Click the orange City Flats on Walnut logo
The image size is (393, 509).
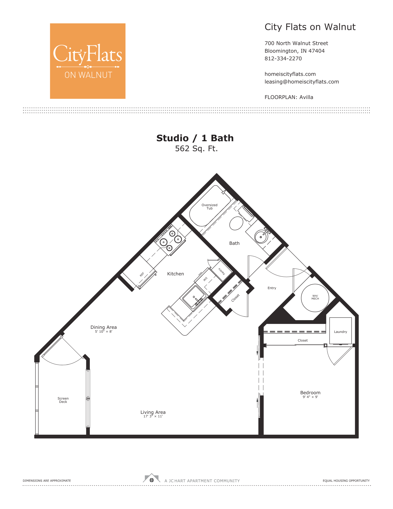tap(88, 61)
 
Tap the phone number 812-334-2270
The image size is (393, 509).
tap(283, 59)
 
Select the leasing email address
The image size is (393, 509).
tap(301, 82)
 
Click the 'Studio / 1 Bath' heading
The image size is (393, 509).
tap(195, 138)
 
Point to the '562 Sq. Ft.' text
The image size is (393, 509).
tap(196, 149)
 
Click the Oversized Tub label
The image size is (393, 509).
tap(209, 207)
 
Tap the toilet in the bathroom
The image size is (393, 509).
tap(236, 223)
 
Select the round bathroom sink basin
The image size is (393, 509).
tap(261, 237)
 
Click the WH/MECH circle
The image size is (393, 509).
tap(315, 298)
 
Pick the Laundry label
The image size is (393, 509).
tap(340, 332)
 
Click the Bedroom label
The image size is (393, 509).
tap(310, 393)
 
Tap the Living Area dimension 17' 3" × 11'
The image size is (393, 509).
tap(153, 416)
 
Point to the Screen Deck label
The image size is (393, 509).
tap(63, 400)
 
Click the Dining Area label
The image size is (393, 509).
tap(104, 327)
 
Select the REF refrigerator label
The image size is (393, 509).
tap(142, 274)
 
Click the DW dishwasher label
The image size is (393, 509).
tap(205, 279)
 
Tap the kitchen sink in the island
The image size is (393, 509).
tap(194, 297)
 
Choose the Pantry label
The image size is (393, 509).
tap(222, 271)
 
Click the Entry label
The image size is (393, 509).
tap(272, 288)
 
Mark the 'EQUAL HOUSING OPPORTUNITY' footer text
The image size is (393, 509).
tap(346, 481)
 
